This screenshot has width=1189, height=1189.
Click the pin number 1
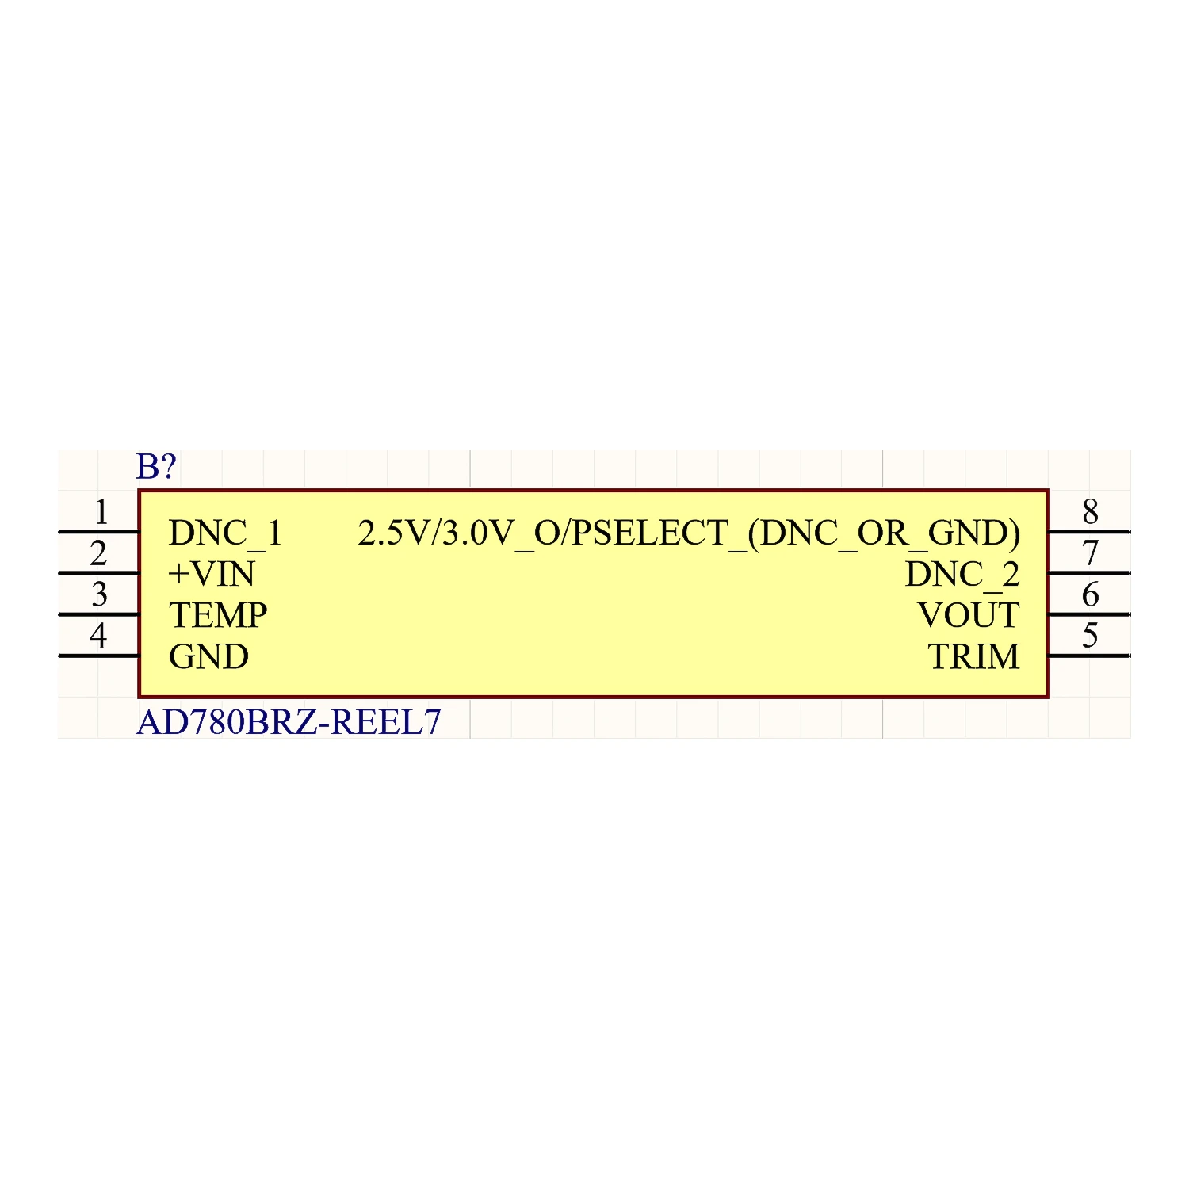click(101, 513)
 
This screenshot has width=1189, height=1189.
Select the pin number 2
click(98, 554)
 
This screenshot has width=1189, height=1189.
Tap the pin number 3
click(99, 595)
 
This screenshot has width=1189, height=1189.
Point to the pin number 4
click(98, 636)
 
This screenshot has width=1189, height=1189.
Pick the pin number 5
click(1090, 636)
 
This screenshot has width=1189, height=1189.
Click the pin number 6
click(1090, 594)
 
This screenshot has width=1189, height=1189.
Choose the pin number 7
click(1090, 553)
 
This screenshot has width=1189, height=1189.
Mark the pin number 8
click(1090, 512)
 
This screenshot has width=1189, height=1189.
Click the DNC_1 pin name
click(225, 533)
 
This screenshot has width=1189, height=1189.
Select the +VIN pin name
click(212, 575)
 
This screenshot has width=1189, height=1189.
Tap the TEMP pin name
click(218, 616)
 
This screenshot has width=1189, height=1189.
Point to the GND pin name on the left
click(208, 657)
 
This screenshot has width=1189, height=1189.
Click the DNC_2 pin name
click(962, 575)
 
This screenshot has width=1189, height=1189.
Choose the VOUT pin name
click(968, 616)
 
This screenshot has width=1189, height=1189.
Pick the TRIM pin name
click(973, 657)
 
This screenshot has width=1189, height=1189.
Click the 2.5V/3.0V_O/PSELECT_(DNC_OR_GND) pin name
click(689, 533)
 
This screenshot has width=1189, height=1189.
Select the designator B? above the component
click(155, 467)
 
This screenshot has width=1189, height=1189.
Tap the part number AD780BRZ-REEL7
click(289, 722)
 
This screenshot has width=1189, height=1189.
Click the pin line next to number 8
click(1088, 532)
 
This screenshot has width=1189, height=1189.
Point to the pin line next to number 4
click(99, 656)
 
